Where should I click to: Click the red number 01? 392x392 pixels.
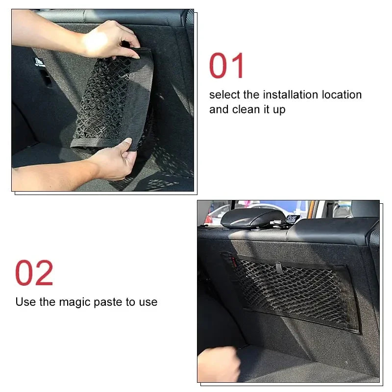(227, 66)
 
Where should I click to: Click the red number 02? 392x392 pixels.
(34, 273)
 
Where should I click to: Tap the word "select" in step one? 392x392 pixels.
(224, 95)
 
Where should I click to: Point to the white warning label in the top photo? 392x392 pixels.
(39, 62)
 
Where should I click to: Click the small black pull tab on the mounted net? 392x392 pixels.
(278, 267)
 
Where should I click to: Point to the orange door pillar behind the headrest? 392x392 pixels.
(311, 208)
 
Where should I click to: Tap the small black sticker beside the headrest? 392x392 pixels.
(293, 219)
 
